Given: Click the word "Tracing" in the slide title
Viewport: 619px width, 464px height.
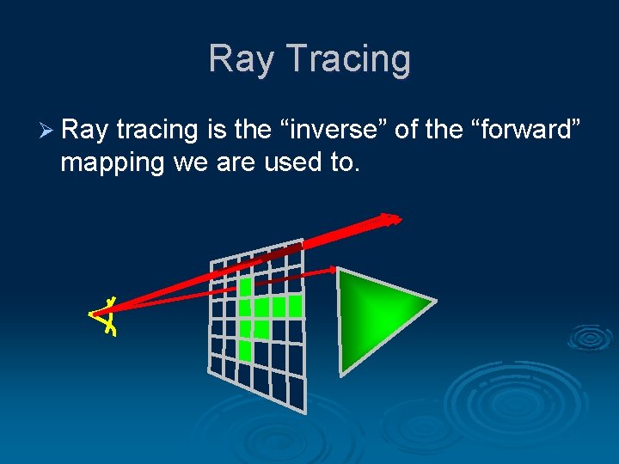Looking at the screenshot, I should [348, 59].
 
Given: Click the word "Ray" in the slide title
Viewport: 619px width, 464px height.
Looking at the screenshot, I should [243, 59].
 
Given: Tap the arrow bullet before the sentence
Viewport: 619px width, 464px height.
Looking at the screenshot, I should [47, 131].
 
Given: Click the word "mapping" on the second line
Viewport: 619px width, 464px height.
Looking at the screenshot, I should [112, 162].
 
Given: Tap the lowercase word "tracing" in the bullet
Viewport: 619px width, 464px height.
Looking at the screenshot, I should [157, 131].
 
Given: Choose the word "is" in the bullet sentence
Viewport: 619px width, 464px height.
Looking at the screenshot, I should [216, 131].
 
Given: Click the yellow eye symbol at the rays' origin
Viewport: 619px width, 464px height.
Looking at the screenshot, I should [105, 314].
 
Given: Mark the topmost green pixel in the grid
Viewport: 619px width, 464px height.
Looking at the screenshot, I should [245, 286].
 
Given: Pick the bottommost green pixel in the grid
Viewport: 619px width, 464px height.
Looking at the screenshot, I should [245, 350].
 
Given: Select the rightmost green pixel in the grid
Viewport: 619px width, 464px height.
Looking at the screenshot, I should [295, 305].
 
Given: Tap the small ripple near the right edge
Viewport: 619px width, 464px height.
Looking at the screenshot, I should [590, 338].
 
